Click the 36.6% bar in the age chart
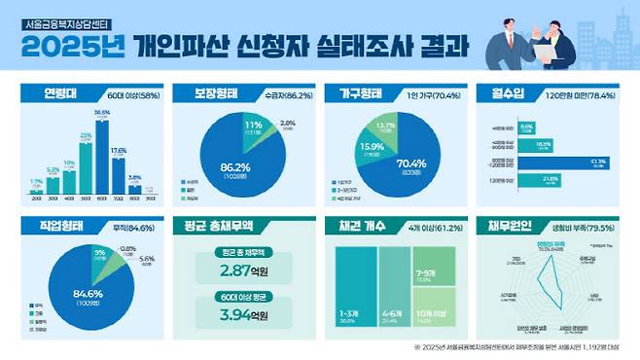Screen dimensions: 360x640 click(x=102, y=156)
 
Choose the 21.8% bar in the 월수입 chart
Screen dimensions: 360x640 click(x=532, y=179)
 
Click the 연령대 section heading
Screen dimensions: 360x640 click(x=65, y=95)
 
